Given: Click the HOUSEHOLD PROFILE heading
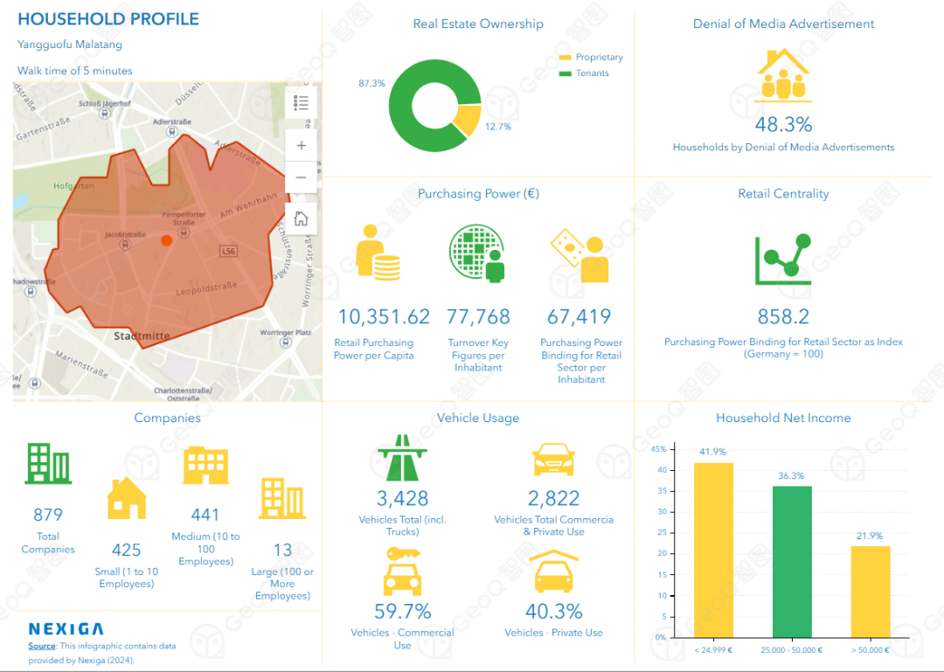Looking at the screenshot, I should (108, 19).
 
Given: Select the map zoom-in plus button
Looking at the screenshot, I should (302, 145).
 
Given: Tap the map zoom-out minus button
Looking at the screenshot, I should (302, 177).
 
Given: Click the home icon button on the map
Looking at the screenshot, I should (302, 218).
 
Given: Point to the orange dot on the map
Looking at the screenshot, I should (167, 240).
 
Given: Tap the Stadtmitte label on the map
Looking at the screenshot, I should (141, 336).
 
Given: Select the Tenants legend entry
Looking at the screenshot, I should (592, 73).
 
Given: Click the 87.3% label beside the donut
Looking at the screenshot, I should (371, 83).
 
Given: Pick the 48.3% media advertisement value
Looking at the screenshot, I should (783, 125).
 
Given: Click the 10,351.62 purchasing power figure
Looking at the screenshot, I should (384, 317).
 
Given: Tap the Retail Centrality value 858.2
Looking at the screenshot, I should (783, 317).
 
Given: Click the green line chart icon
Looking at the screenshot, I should (782, 260).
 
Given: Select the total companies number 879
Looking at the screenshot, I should (48, 515).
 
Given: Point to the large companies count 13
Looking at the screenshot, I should (283, 551).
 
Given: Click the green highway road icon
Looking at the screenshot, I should (402, 458).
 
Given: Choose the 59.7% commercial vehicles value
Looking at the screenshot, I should (402, 611).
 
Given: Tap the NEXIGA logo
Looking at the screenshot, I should (66, 629).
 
